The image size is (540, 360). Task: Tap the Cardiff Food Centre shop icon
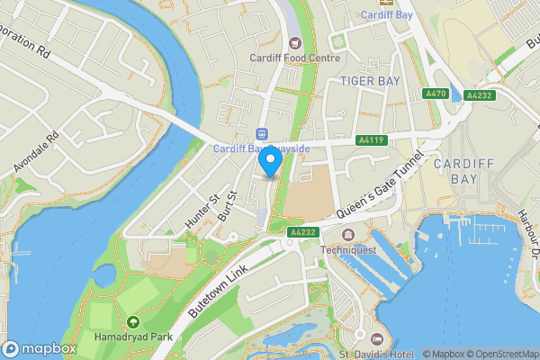pos(294,42)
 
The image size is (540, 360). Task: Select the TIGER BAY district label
pos(369,81)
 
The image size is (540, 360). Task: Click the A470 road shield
pos(436,94)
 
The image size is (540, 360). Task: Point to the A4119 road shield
pos(371,140)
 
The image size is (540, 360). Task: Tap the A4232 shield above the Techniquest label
pos(302,231)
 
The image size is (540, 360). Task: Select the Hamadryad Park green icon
pos(133,321)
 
